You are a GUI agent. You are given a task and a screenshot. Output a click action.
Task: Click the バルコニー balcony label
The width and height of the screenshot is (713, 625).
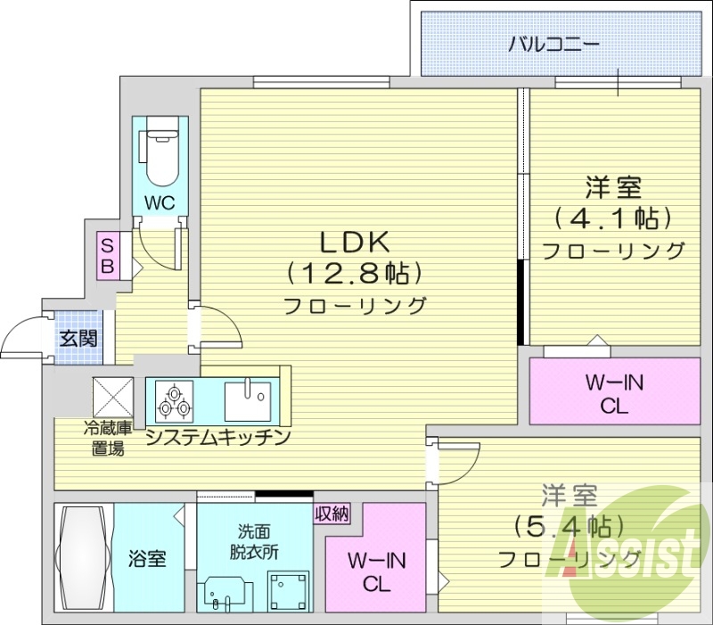(x=553, y=43)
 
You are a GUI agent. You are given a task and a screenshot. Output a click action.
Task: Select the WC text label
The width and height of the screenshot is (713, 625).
(x=160, y=202)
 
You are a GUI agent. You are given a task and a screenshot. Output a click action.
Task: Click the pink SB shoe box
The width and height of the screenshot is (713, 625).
(x=107, y=256)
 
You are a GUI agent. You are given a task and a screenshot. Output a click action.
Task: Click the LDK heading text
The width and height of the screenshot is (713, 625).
(x=353, y=243)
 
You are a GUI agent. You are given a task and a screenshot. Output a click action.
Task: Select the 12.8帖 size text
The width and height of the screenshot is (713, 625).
(x=353, y=272)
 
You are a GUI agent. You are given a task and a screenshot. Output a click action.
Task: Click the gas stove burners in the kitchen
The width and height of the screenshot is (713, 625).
(x=173, y=399)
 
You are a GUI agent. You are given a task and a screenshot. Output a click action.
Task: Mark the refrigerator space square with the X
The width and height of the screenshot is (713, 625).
(x=113, y=393)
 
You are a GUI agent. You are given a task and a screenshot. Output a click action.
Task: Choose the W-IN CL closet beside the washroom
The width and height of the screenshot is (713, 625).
(x=375, y=572)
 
